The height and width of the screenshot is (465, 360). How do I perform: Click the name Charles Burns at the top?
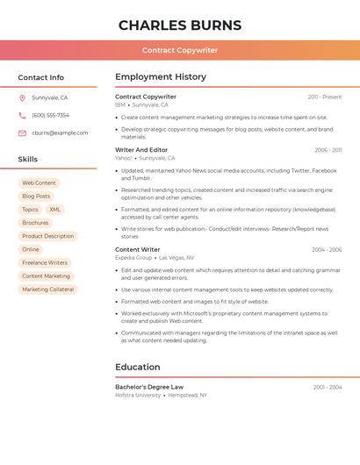(x=180, y=25)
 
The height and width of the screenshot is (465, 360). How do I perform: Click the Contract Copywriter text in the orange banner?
(x=180, y=50)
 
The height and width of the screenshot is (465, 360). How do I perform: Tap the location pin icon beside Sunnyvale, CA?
(x=22, y=97)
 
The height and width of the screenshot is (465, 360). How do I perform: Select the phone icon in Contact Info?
(x=22, y=115)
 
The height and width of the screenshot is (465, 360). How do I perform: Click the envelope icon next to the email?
(x=22, y=132)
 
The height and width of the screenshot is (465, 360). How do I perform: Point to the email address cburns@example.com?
(x=60, y=132)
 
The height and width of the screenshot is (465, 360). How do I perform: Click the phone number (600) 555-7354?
(x=50, y=115)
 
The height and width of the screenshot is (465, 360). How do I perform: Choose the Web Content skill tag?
(x=39, y=182)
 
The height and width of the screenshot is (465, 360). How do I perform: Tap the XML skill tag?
(x=55, y=210)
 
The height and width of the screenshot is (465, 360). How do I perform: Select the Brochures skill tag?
(x=35, y=223)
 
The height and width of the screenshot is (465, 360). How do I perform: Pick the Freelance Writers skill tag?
(x=45, y=262)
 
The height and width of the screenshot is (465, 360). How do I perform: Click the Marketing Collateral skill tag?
(x=48, y=290)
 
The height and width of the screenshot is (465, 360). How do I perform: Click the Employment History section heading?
(x=161, y=77)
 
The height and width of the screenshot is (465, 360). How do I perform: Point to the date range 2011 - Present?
(x=325, y=97)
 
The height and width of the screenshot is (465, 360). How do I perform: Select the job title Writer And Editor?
(x=141, y=150)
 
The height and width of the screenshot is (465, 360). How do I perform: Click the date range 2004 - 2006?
(x=327, y=250)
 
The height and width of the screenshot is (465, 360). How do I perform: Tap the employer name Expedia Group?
(x=133, y=258)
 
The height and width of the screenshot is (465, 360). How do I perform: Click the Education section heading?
(x=138, y=367)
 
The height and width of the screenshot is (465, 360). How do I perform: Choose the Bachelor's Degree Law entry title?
(x=149, y=387)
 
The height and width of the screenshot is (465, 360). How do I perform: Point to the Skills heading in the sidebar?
(x=28, y=160)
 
